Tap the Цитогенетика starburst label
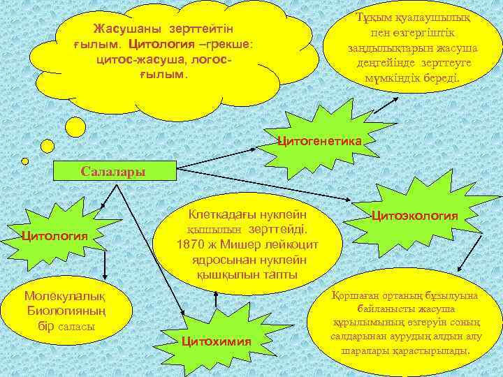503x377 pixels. (x=319, y=141)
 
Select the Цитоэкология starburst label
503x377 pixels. (x=414, y=216)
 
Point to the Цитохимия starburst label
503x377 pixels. (x=216, y=341)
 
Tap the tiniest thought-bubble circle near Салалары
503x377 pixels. (x=25, y=161)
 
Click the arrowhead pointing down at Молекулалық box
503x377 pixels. (x=105, y=276)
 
